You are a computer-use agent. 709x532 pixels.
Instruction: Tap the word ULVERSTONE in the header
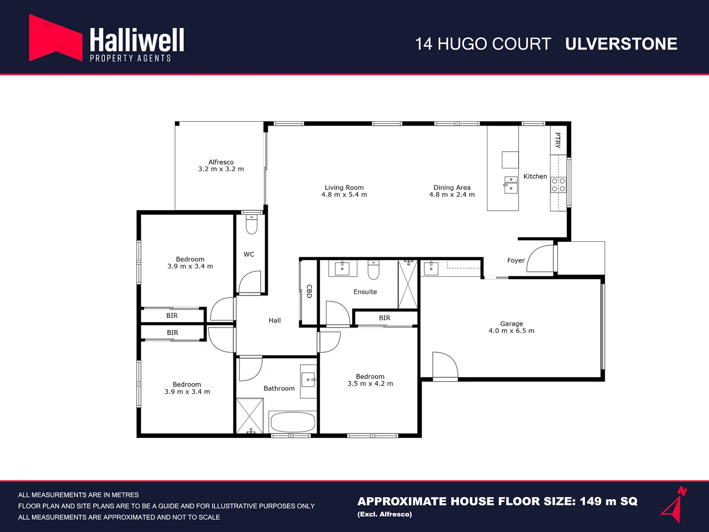pos(621,44)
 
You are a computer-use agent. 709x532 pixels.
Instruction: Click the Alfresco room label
pos(221,162)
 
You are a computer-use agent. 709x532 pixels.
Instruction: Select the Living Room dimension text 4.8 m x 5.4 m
pos(344,195)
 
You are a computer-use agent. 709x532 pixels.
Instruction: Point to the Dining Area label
pos(452,187)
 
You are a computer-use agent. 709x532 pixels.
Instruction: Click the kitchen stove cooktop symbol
pos(558,185)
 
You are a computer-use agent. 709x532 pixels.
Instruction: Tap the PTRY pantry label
pos(557,140)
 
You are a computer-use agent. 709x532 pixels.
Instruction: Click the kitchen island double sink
pos(511,185)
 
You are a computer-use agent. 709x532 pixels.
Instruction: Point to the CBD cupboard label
pos(309,291)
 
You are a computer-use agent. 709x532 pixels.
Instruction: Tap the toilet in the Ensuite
pos(374,269)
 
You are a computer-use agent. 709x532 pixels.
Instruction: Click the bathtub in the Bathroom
pos(292,422)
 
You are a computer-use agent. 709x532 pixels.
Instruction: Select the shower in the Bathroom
pos(250,416)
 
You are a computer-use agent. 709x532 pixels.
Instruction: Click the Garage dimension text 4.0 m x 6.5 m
pos(511,331)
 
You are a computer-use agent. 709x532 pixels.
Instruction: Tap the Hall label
pos(275,321)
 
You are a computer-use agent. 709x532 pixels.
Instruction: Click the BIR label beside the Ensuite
pos(385,318)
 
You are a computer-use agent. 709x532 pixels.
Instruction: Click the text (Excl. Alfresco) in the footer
pos(385,514)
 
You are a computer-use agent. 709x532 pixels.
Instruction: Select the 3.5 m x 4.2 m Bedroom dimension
pos(370,384)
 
